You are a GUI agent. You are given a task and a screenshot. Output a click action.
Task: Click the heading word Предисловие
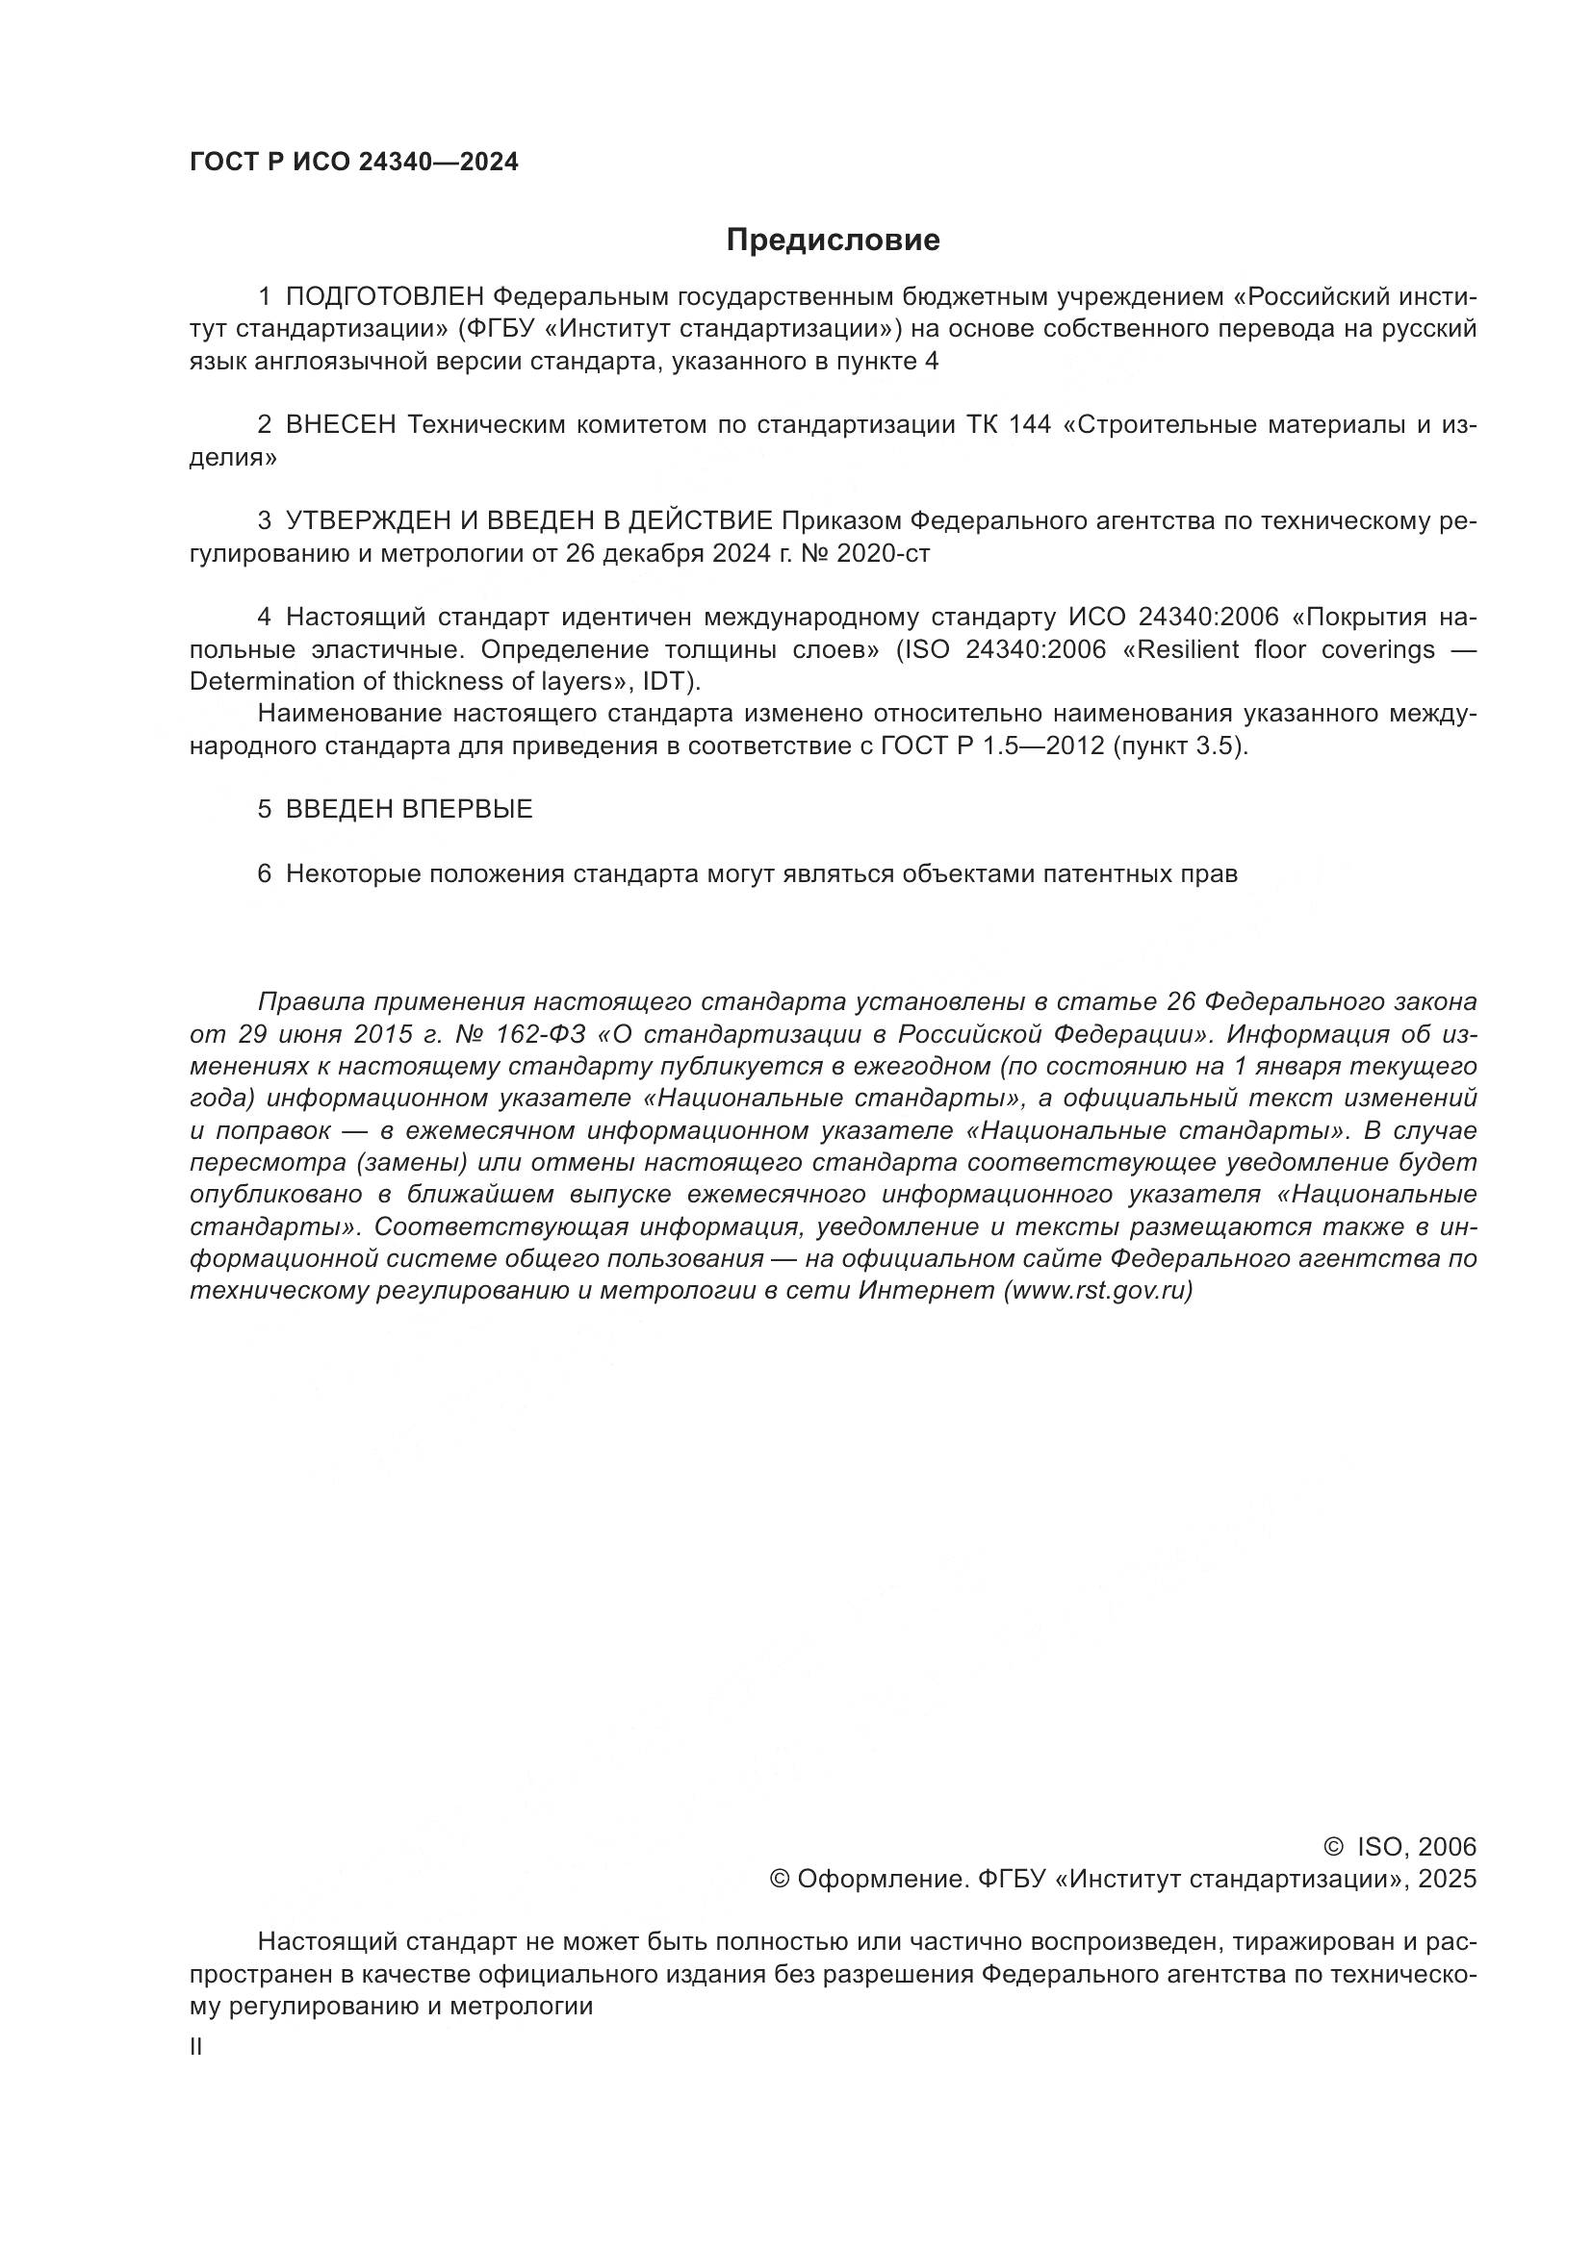(x=833, y=240)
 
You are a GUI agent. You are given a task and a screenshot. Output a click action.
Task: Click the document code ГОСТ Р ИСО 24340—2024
(x=354, y=163)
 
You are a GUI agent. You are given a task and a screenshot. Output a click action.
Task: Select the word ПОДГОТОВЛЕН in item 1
(x=385, y=296)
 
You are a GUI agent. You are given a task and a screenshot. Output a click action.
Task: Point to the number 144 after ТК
(x=1028, y=424)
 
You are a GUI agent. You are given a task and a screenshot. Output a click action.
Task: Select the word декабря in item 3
(x=648, y=554)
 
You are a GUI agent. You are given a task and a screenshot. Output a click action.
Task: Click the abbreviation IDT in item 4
(x=667, y=681)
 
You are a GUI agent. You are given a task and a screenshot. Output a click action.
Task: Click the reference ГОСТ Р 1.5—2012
(x=993, y=746)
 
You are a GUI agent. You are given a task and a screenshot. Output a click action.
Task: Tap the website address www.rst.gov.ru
(x=1098, y=1291)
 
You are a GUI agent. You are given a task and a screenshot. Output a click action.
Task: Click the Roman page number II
(x=196, y=2075)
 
